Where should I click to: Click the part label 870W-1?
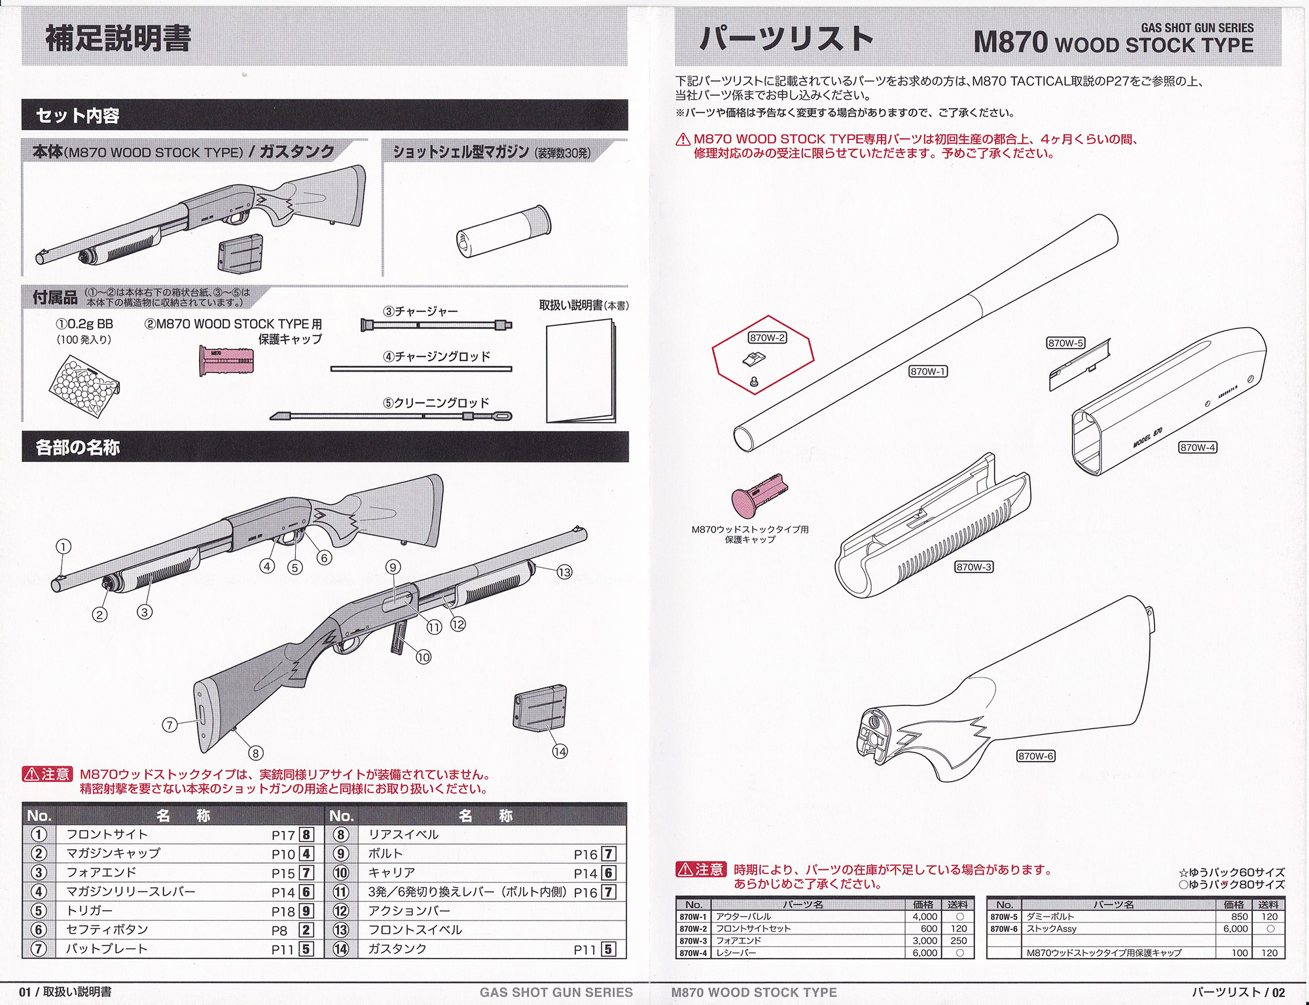[x=928, y=372]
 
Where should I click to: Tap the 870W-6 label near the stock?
[x=1035, y=756]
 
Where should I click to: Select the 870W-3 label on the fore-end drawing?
[x=974, y=567]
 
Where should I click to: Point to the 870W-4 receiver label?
[x=1198, y=448]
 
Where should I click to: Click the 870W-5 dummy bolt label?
[x=1066, y=343]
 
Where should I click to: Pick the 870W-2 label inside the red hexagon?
[x=767, y=338]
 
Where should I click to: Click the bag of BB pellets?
[x=84, y=386]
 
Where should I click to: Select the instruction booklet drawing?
[x=581, y=372]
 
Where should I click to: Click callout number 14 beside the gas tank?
[x=560, y=752]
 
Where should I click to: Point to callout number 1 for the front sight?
[x=63, y=547]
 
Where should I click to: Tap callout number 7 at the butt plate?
[x=170, y=724]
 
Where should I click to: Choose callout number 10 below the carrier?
[x=423, y=657]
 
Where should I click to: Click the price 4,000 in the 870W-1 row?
[x=925, y=917]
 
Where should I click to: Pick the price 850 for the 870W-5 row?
[x=1239, y=917]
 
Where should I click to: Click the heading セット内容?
[x=78, y=116]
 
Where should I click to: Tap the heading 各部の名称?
[x=78, y=448]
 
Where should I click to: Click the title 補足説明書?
[x=118, y=38]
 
